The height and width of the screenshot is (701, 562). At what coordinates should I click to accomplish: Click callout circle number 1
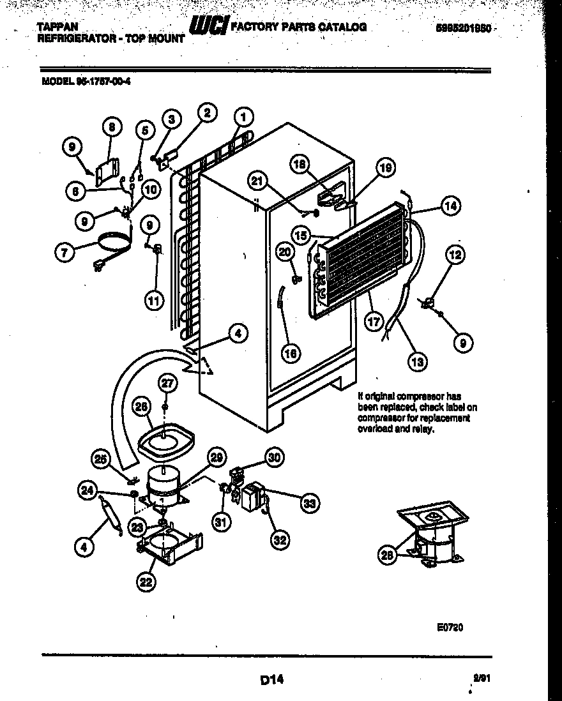click(243, 117)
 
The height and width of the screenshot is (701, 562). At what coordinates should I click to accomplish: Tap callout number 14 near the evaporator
click(450, 206)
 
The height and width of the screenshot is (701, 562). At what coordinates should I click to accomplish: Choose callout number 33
click(309, 503)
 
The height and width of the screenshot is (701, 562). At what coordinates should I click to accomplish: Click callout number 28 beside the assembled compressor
click(386, 555)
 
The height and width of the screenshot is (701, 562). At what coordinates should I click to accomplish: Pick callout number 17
click(374, 322)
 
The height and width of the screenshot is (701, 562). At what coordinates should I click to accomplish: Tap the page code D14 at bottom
click(271, 680)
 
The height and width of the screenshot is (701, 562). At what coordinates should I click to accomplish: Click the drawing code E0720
click(450, 628)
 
